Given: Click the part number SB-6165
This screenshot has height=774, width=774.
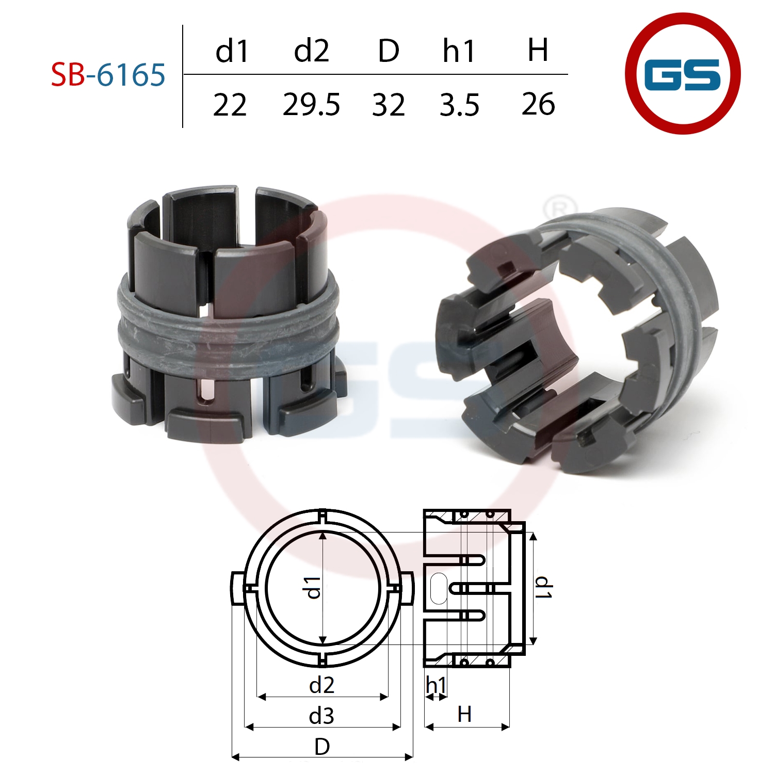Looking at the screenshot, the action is click(x=108, y=74).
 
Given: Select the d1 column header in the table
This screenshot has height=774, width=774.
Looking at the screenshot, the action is click(x=232, y=51).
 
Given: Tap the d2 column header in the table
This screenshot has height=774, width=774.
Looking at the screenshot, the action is click(x=312, y=51).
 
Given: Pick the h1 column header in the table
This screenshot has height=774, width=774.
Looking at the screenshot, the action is click(x=459, y=51).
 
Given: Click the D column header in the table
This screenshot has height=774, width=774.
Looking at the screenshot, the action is click(x=389, y=51).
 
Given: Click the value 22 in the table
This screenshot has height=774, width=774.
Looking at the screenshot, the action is click(x=230, y=105).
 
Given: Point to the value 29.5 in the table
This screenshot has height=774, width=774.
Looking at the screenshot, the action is click(x=312, y=105).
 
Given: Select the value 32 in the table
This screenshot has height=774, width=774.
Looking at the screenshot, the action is click(x=389, y=105).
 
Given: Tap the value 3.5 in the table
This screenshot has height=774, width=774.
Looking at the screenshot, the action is click(x=459, y=105).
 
